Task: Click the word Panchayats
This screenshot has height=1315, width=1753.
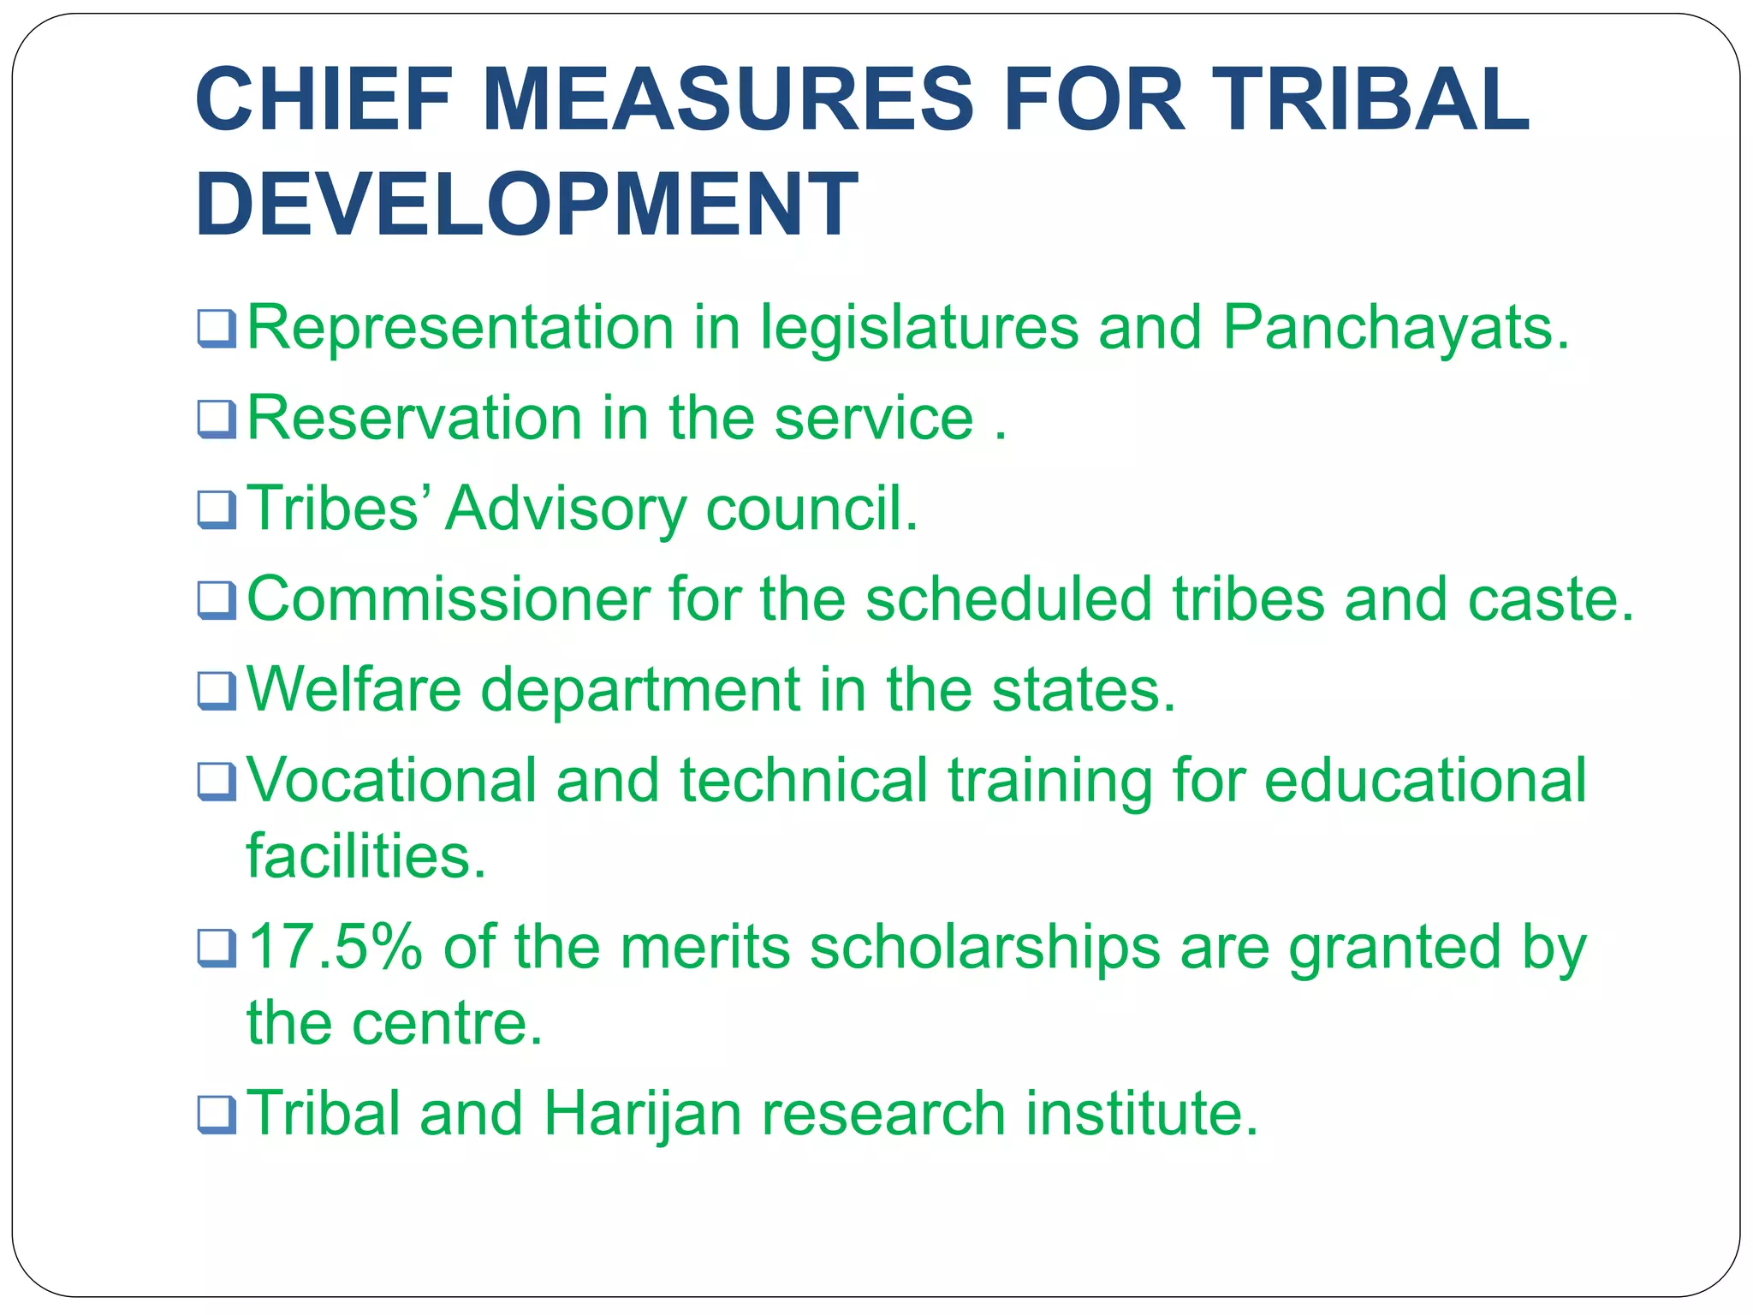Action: coord(1395,328)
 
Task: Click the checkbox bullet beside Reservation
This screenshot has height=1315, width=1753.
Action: coord(216,419)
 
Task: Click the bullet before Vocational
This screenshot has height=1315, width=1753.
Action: coord(216,782)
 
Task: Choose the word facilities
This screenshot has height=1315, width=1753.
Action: coord(365,855)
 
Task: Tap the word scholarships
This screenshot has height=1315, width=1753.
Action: coord(984,949)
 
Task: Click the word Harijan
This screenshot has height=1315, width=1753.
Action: coord(642,1115)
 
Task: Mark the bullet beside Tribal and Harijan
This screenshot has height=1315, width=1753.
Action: coord(216,1116)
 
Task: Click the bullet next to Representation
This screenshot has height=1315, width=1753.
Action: coord(216,329)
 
